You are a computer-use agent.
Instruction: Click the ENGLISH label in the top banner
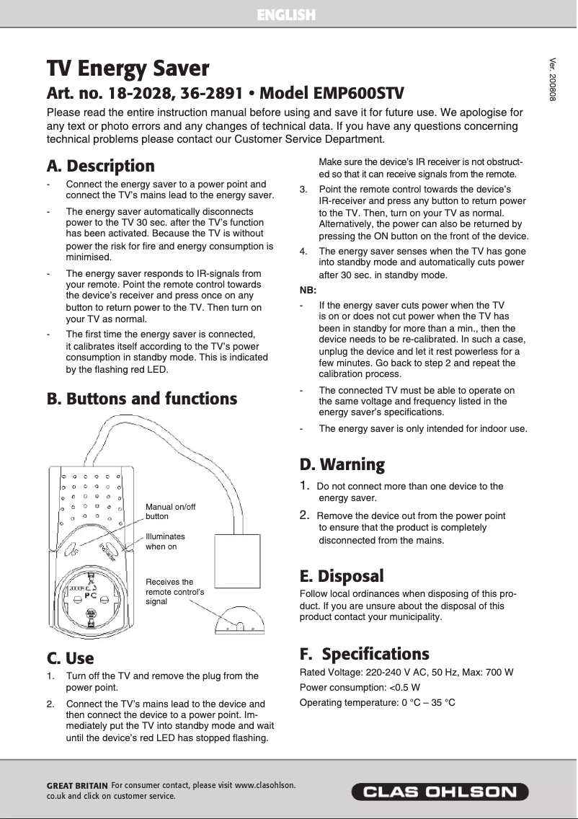[286, 14]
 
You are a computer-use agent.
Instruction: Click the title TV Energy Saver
[128, 69]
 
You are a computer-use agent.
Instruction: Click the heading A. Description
[101, 167]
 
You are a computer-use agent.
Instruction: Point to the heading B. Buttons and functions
[142, 399]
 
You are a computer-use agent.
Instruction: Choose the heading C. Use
[70, 658]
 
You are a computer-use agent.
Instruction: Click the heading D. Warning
[342, 464]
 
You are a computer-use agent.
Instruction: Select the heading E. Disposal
[341, 576]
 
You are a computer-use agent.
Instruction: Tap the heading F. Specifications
[364, 654]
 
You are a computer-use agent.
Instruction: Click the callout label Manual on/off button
[170, 512]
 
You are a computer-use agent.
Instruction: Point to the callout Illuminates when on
[165, 541]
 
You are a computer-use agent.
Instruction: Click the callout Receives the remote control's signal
[174, 591]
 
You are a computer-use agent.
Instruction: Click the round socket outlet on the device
[89, 597]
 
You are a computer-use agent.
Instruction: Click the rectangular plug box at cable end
[236, 563]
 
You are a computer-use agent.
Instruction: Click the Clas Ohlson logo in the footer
[440, 792]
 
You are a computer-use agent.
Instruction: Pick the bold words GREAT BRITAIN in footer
[77, 785]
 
